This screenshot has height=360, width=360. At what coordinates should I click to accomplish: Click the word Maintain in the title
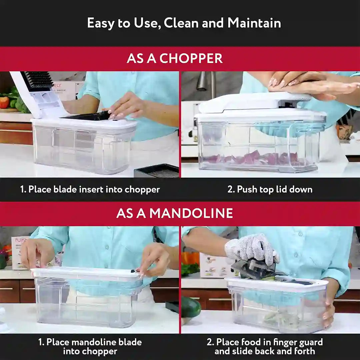click(254, 23)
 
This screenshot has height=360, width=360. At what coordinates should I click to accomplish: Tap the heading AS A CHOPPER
click(174, 58)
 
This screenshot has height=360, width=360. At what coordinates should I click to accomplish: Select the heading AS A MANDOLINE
click(174, 213)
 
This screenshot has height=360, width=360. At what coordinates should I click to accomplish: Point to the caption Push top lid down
click(270, 189)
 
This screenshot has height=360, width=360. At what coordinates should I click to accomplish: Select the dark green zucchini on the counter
click(191, 307)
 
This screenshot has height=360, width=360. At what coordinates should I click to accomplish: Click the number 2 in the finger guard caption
click(210, 342)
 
